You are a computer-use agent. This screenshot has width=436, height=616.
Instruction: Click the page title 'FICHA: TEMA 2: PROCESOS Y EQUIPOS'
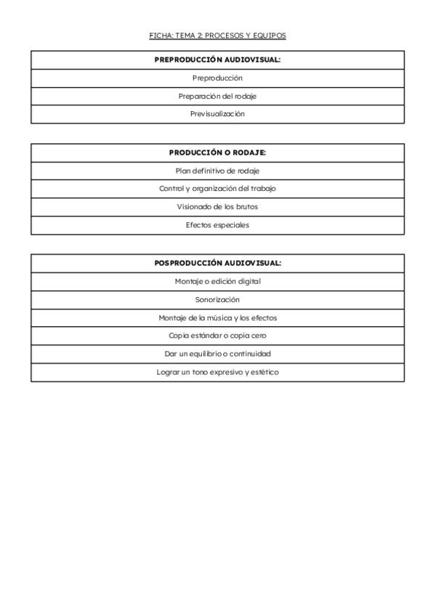click(x=217, y=35)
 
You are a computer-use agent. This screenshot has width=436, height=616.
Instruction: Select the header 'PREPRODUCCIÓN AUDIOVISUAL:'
click(x=217, y=60)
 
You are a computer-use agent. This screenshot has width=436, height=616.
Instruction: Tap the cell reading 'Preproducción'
click(x=217, y=78)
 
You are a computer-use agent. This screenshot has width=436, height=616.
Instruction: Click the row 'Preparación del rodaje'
click(x=217, y=96)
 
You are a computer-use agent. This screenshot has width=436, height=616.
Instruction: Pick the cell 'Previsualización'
click(x=217, y=114)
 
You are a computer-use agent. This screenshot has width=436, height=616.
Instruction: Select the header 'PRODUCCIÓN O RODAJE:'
click(x=217, y=153)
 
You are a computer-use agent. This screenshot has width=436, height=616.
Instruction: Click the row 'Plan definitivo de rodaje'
click(x=217, y=171)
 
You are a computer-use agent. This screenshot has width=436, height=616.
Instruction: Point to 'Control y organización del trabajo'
click(x=217, y=189)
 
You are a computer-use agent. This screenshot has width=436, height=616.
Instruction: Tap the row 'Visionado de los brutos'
click(x=217, y=207)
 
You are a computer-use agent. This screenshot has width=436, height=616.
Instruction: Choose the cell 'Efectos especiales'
click(x=217, y=225)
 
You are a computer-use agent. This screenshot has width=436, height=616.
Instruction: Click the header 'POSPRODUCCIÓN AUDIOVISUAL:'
click(x=217, y=263)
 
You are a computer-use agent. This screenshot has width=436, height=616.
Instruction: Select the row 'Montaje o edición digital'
click(x=217, y=281)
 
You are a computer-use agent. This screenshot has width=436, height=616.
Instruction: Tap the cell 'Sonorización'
click(x=217, y=299)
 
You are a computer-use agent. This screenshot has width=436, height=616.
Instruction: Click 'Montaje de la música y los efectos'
click(x=217, y=317)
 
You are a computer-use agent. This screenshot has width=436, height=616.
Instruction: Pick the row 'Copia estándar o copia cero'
click(x=217, y=336)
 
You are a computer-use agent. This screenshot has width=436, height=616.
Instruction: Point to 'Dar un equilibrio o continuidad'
click(x=217, y=354)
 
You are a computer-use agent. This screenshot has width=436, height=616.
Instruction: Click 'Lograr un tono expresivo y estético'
click(x=217, y=372)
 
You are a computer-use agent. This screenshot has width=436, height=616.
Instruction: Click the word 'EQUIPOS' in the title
click(x=271, y=35)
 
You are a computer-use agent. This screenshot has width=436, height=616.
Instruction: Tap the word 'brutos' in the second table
click(x=247, y=207)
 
